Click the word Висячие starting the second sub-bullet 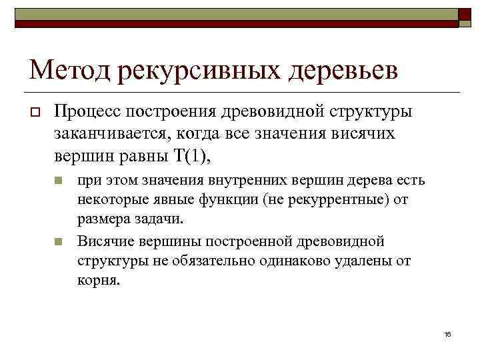tap(105, 241)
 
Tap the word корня tap(99, 279)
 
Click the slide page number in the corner tap(447, 333)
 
